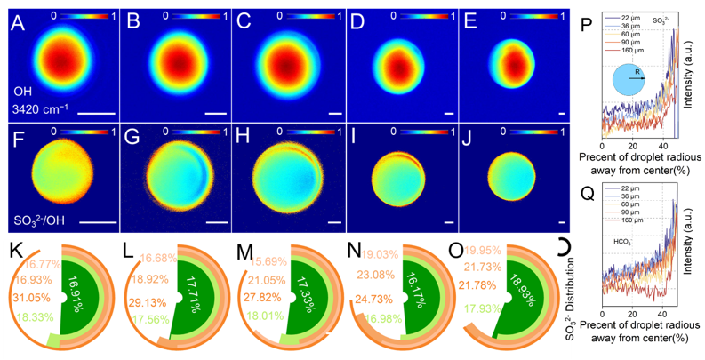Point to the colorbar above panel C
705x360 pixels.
pyautogui.click(x=297, y=14)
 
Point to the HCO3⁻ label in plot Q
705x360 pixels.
pyautogui.click(x=623, y=241)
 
